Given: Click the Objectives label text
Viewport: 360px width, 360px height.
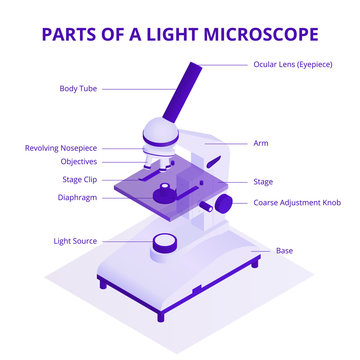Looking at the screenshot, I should (78, 160).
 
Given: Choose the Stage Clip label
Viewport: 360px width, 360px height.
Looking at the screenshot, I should (79, 180).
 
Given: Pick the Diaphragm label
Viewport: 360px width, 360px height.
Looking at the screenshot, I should (77, 197).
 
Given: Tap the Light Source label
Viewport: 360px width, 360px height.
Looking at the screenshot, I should (75, 241).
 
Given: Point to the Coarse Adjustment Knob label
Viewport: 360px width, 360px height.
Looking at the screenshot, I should (297, 202).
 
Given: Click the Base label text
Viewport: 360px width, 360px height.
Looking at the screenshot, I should (284, 250).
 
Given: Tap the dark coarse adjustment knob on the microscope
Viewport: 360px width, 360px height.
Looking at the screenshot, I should (224, 203).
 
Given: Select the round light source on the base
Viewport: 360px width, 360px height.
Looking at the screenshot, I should (165, 243).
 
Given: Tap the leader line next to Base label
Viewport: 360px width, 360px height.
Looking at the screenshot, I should (261, 249).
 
